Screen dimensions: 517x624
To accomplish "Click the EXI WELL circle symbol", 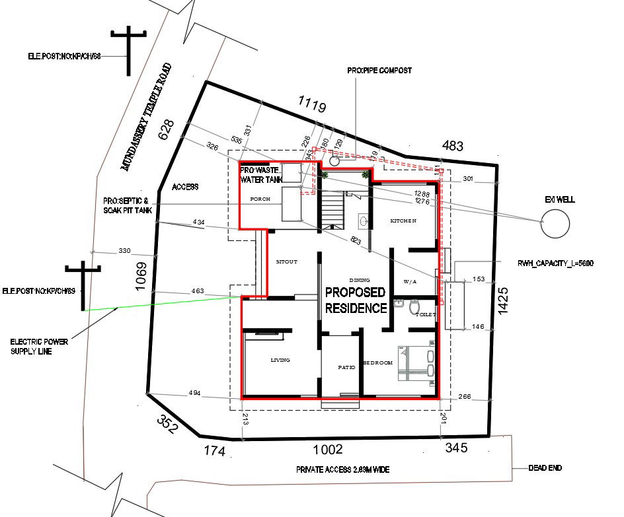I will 555,223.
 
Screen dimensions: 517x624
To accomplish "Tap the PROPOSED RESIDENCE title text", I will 356,300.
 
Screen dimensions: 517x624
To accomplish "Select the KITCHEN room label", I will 403,220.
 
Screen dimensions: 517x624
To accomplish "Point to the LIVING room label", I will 280,360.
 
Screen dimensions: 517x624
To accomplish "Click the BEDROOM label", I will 377,363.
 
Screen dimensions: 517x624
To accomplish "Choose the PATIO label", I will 346,367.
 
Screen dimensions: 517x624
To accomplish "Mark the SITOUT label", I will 286,261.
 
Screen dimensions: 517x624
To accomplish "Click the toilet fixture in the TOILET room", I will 414,306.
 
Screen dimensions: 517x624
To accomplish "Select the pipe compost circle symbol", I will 334,160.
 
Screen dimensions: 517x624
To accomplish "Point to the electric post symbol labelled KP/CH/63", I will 83,284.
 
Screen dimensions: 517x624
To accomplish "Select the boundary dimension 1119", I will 311,104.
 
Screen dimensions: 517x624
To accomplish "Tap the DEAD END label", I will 545,468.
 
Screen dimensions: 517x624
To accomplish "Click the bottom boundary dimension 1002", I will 327,450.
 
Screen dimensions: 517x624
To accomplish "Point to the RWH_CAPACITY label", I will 555,263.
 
